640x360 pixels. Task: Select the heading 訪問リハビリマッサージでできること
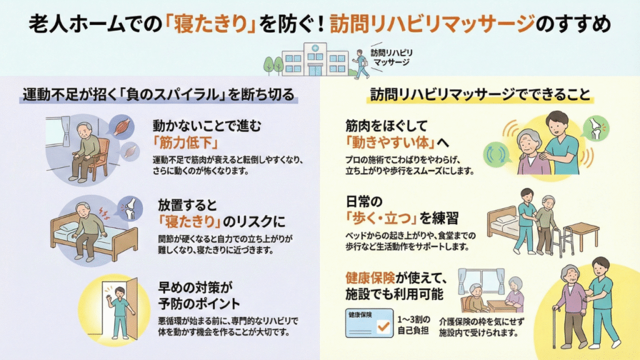tap(479, 95)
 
